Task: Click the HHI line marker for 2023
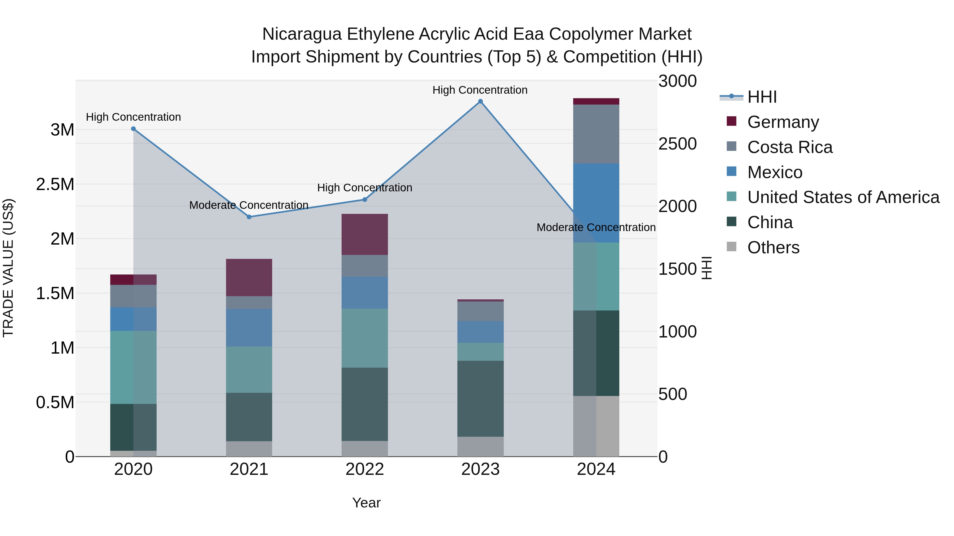click(x=480, y=101)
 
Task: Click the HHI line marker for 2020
click(x=133, y=129)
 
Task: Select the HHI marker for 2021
click(x=249, y=217)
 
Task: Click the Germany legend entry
click(x=783, y=122)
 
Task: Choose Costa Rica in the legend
click(x=790, y=147)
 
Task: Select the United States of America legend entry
click(x=843, y=197)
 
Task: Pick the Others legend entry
click(x=773, y=247)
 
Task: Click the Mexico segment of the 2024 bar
click(x=596, y=203)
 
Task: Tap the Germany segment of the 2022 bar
click(x=364, y=234)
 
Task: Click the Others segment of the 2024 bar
click(x=596, y=426)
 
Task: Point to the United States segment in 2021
click(x=249, y=369)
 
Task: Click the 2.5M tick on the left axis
click(x=55, y=184)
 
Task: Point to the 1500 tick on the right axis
click(x=677, y=269)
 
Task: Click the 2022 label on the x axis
click(x=364, y=469)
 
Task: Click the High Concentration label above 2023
click(x=480, y=90)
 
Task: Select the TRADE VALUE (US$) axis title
click(x=8, y=268)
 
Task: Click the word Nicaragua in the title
click(x=302, y=34)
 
